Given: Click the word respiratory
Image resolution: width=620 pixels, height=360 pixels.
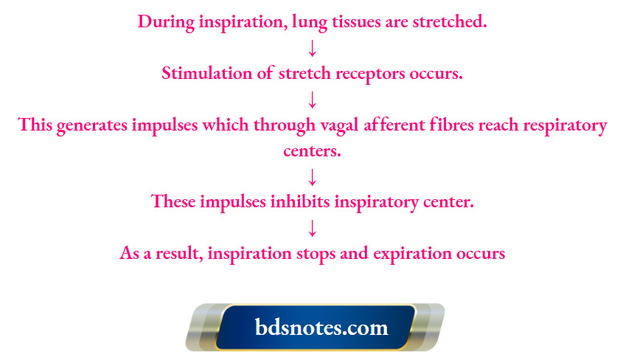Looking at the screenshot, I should coord(564,125).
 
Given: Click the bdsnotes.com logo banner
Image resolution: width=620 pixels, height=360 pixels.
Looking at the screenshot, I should coord(315,327).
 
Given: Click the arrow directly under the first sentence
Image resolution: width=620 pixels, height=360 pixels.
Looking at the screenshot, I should coord(312,49).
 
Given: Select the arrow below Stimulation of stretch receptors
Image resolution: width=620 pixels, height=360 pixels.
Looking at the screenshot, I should coord(312,100).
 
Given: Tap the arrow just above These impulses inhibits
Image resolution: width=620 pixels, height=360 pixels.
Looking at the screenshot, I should coord(312,177).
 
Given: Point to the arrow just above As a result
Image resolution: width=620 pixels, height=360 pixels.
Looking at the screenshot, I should coord(312,227).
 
